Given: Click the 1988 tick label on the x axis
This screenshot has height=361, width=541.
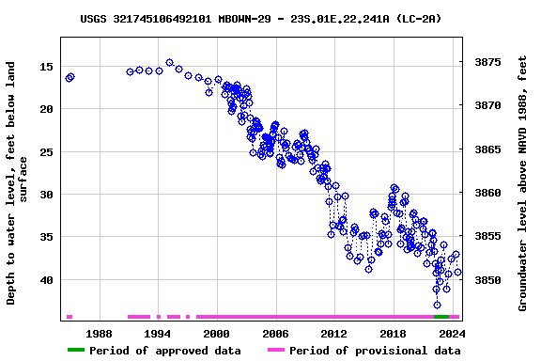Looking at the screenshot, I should (99, 333).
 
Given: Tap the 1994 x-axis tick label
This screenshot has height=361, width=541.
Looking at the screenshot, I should (157, 333).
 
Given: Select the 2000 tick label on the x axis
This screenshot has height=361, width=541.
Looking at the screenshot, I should (216, 333).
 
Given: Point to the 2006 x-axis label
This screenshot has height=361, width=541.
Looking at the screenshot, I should (275, 333).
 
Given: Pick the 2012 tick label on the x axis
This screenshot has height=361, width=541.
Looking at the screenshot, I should (333, 333).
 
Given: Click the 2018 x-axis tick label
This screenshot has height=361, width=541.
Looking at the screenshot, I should (393, 333).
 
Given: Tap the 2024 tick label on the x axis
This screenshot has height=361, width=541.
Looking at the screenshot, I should (451, 333).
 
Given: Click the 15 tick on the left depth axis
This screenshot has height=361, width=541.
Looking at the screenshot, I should (45, 67).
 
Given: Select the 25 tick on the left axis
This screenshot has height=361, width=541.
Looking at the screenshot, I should (45, 151).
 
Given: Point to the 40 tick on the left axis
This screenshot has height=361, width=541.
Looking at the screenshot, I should (45, 280).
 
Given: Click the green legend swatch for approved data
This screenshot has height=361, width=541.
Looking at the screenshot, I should (89, 351).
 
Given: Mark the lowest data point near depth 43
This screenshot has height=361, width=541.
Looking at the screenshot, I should (437, 305).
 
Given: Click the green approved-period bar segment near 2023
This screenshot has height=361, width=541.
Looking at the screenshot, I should (441, 317).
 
